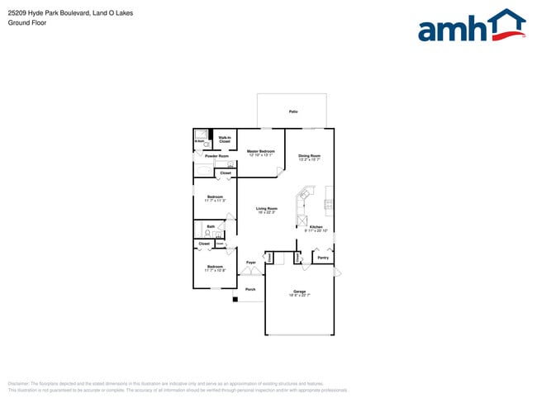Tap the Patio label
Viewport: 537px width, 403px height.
coord(293,111)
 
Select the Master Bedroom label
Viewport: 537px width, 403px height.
coord(261,151)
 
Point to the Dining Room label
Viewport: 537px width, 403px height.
coord(309,155)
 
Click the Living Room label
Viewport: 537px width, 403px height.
coord(266,208)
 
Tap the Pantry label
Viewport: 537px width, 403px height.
coord(323,258)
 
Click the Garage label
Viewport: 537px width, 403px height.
coord(299,291)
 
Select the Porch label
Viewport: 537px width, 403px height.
coord(250,289)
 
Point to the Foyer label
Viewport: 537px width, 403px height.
coord(250,263)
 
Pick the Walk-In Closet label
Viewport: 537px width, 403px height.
coord(225,140)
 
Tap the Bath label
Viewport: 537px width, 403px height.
coord(211,226)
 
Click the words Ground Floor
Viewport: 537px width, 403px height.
coord(27,23)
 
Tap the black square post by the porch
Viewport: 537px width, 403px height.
coord(235,299)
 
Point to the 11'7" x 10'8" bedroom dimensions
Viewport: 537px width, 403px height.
coord(215,271)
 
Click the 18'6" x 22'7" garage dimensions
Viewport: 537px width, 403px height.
coord(299,295)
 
